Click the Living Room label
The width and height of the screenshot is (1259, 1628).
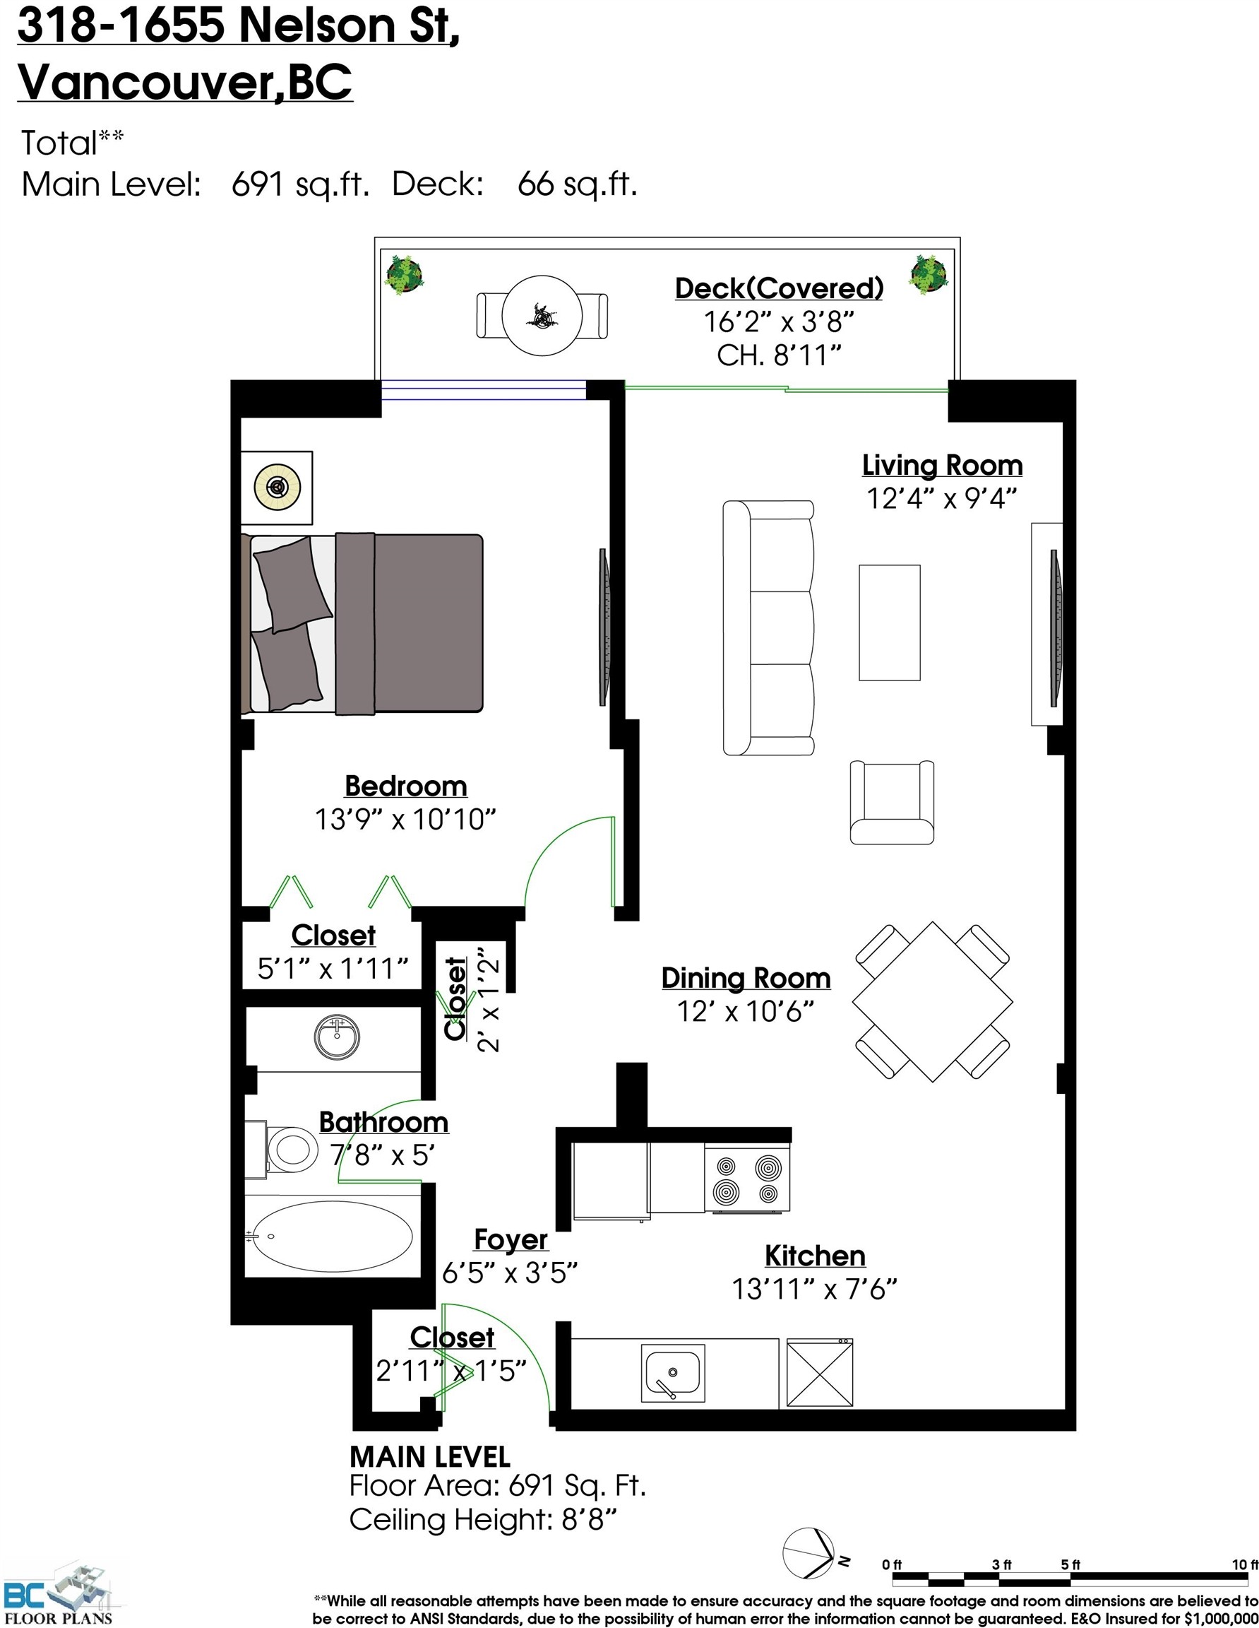(x=942, y=465)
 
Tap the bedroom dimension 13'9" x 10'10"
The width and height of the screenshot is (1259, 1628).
(x=405, y=819)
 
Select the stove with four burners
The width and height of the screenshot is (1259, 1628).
(x=747, y=1179)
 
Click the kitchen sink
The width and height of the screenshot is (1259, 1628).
(x=672, y=1373)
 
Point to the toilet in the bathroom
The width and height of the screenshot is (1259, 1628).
(x=289, y=1150)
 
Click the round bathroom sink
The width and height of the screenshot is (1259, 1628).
(x=337, y=1036)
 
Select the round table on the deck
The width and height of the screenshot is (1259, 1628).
(x=542, y=316)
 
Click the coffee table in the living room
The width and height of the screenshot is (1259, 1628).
(x=889, y=623)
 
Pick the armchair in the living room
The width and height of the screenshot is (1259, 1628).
(x=892, y=802)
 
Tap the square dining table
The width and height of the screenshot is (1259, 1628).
(x=932, y=1001)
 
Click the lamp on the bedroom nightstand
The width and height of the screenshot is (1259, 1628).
(x=277, y=488)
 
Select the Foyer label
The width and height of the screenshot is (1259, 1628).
(x=511, y=1239)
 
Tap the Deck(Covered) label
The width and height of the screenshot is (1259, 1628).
(x=779, y=288)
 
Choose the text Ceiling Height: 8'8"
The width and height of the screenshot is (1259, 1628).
(x=484, y=1518)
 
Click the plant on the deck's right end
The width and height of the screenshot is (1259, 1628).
(x=929, y=274)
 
